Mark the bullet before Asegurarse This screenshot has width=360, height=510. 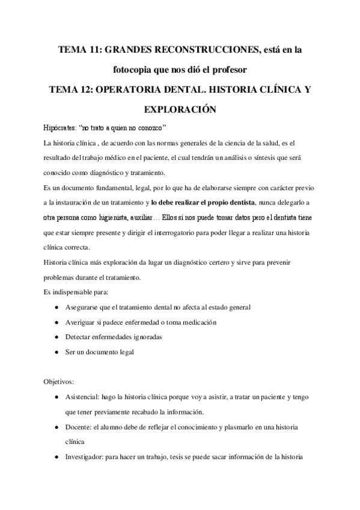pos(56,307)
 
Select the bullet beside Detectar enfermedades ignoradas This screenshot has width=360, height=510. pos(56,337)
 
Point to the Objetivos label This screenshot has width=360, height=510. pos(58,381)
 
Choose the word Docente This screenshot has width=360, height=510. pos(79,427)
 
